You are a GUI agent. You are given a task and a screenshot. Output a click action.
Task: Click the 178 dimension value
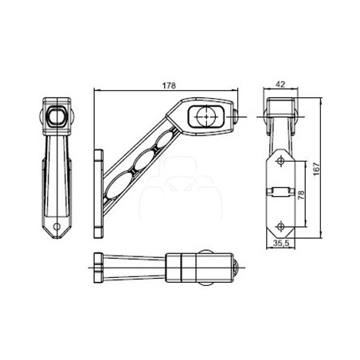click(169, 85)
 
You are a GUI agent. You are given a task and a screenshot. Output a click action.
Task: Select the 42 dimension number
click(280, 84)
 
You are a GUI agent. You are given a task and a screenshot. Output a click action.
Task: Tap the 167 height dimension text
click(316, 168)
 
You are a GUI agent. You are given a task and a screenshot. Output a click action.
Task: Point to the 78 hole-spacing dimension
click(301, 195)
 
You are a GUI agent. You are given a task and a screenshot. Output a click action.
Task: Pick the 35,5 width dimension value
click(281, 243)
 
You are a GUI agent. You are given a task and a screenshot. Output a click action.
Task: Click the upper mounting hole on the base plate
click(281, 161)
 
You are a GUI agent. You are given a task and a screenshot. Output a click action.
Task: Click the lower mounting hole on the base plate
click(281, 227)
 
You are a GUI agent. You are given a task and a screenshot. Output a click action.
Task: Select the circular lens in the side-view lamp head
click(206, 116)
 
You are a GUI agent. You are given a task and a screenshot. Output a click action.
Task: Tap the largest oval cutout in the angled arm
click(120, 185)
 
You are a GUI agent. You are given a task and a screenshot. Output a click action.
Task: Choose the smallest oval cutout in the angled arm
click(166, 139)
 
